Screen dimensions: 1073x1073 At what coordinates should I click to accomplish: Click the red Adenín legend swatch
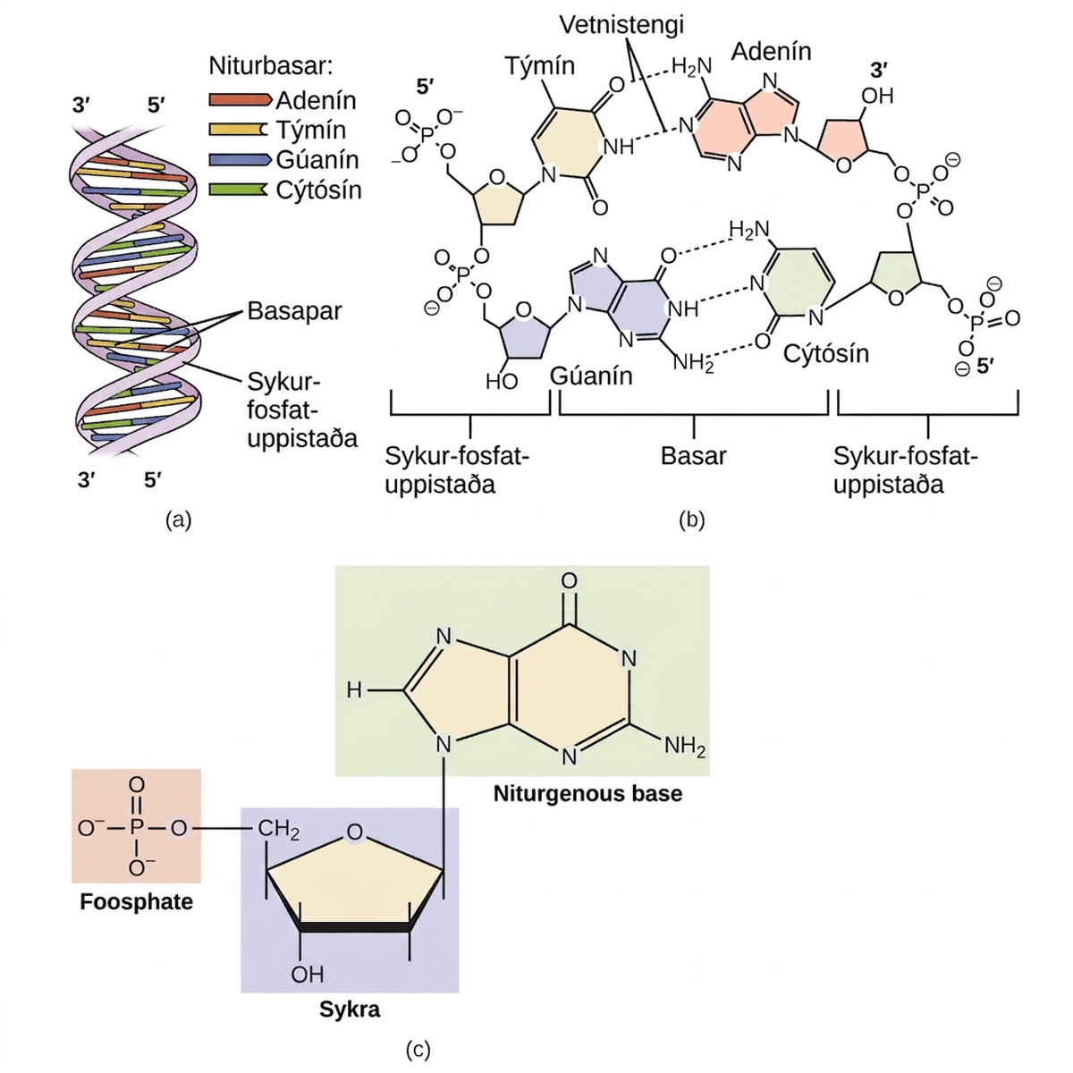tap(240, 99)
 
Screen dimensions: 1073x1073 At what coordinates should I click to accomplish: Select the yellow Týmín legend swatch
tap(238, 130)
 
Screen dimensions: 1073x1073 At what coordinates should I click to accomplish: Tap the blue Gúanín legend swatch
tap(240, 159)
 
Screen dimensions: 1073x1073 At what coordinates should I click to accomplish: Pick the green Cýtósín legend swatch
tap(238, 190)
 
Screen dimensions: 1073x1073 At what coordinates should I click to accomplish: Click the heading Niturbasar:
tap(271, 66)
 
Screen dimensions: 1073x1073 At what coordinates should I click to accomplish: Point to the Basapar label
tap(294, 311)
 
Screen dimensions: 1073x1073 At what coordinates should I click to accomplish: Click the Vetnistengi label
tap(621, 25)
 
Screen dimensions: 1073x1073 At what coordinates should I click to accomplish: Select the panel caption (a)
tap(178, 520)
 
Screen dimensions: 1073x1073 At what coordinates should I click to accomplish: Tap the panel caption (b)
tap(691, 520)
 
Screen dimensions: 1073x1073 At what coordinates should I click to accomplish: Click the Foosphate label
tap(137, 901)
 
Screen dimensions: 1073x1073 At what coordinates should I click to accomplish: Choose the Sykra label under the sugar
tap(350, 1009)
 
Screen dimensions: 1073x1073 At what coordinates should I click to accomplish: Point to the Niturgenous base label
tap(588, 793)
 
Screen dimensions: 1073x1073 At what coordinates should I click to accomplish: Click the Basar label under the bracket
tap(693, 456)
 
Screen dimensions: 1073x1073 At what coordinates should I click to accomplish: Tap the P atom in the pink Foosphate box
tap(137, 828)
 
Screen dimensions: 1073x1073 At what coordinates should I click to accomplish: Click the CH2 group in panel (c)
tap(278, 830)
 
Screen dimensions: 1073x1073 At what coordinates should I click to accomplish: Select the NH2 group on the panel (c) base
tap(685, 746)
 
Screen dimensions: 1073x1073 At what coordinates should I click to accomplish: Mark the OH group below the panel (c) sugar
tap(308, 974)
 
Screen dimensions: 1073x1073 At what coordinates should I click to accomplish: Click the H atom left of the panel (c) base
tap(354, 690)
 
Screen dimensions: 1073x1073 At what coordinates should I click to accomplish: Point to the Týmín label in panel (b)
tap(539, 66)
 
